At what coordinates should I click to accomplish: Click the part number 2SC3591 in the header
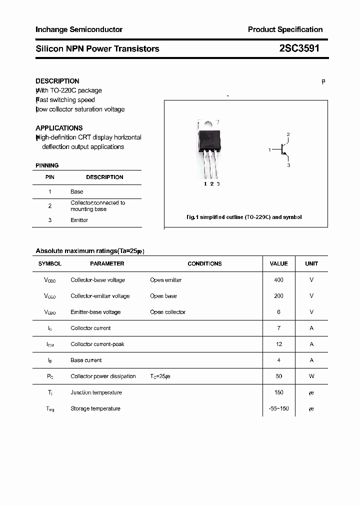click(299, 48)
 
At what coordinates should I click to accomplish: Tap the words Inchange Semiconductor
click(79, 29)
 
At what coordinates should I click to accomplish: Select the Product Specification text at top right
click(285, 29)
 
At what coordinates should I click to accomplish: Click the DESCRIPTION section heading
click(57, 81)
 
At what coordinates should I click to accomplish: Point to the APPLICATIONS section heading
click(59, 128)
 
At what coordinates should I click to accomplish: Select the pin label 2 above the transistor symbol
click(288, 134)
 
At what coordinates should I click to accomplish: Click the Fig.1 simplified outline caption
click(243, 217)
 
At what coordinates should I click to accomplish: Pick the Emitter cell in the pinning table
click(79, 220)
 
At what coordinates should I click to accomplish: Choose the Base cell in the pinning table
click(76, 191)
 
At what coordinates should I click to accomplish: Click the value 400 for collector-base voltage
click(278, 280)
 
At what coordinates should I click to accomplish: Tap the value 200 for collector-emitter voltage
click(278, 296)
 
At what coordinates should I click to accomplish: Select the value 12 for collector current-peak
click(278, 344)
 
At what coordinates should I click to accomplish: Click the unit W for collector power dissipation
click(311, 376)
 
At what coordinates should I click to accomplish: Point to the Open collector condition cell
click(167, 312)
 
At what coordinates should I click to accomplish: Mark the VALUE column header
click(278, 263)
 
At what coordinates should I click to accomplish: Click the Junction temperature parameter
click(96, 392)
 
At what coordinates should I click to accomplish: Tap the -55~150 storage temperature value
click(278, 408)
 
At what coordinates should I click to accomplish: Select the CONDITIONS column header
click(204, 263)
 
